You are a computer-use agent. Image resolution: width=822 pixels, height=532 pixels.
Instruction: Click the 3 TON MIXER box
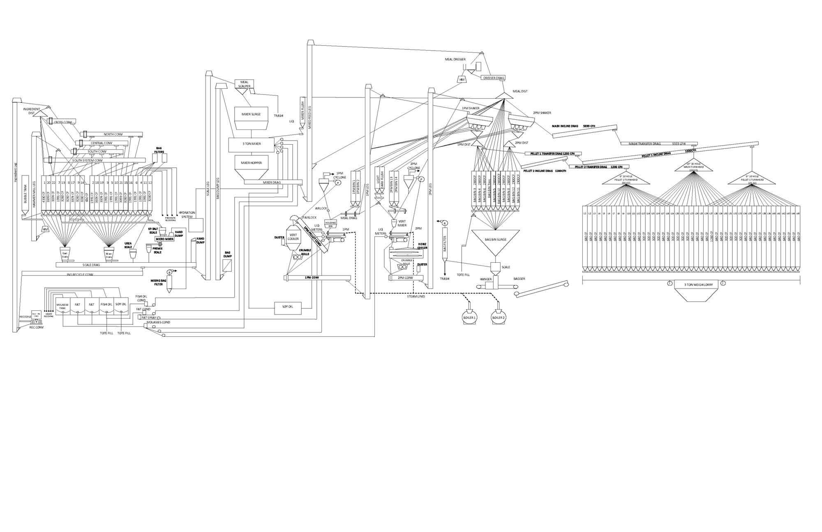(x=251, y=144)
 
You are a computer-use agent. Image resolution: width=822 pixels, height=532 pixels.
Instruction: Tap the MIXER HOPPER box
(x=251, y=163)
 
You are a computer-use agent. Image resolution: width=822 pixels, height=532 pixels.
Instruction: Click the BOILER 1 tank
(x=469, y=317)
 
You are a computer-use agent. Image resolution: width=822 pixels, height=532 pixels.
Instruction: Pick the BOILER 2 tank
(x=498, y=317)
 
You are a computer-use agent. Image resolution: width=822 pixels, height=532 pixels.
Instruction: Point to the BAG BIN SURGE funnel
(x=495, y=241)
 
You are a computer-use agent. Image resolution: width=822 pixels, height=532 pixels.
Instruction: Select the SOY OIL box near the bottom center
(x=288, y=307)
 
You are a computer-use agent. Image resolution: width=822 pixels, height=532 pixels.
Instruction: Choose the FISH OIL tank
(x=106, y=305)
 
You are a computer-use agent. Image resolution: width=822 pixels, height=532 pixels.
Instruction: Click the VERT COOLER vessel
(x=293, y=238)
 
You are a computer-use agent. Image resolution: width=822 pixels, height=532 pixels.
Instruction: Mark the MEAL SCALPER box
(x=245, y=84)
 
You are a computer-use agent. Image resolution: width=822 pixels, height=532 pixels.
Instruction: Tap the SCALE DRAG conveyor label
(x=91, y=265)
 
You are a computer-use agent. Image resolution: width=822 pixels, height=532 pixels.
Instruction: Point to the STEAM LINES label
(x=416, y=296)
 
